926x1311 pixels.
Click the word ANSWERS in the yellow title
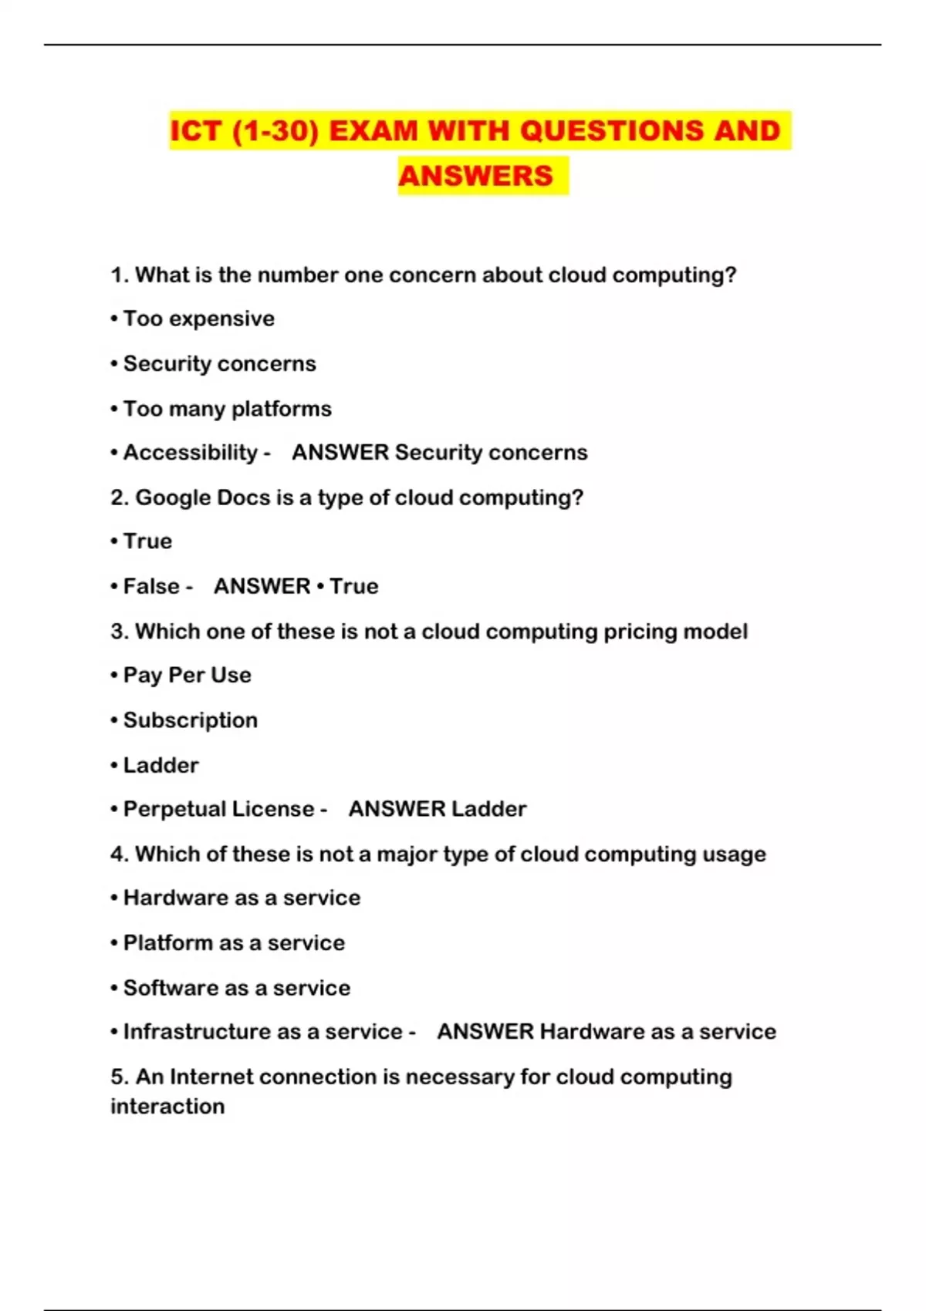(x=475, y=176)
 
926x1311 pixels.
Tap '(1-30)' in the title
(x=276, y=131)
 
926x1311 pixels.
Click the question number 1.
(x=118, y=275)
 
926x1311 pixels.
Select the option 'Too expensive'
(x=198, y=318)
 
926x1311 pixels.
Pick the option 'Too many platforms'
(x=227, y=409)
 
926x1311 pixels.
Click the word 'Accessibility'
(x=190, y=453)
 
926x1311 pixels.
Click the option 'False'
(x=151, y=586)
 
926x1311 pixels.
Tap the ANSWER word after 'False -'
(x=262, y=586)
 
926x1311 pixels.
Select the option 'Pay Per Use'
(x=187, y=676)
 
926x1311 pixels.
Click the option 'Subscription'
(x=190, y=720)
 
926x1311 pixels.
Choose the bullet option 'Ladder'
(x=161, y=765)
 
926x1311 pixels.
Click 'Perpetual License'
(x=218, y=809)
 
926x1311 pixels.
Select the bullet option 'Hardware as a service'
(x=242, y=898)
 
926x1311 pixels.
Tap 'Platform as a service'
(x=234, y=942)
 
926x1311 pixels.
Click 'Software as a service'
(x=236, y=988)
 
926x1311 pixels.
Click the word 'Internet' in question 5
(x=211, y=1077)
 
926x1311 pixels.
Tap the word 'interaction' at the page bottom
(x=167, y=1106)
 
